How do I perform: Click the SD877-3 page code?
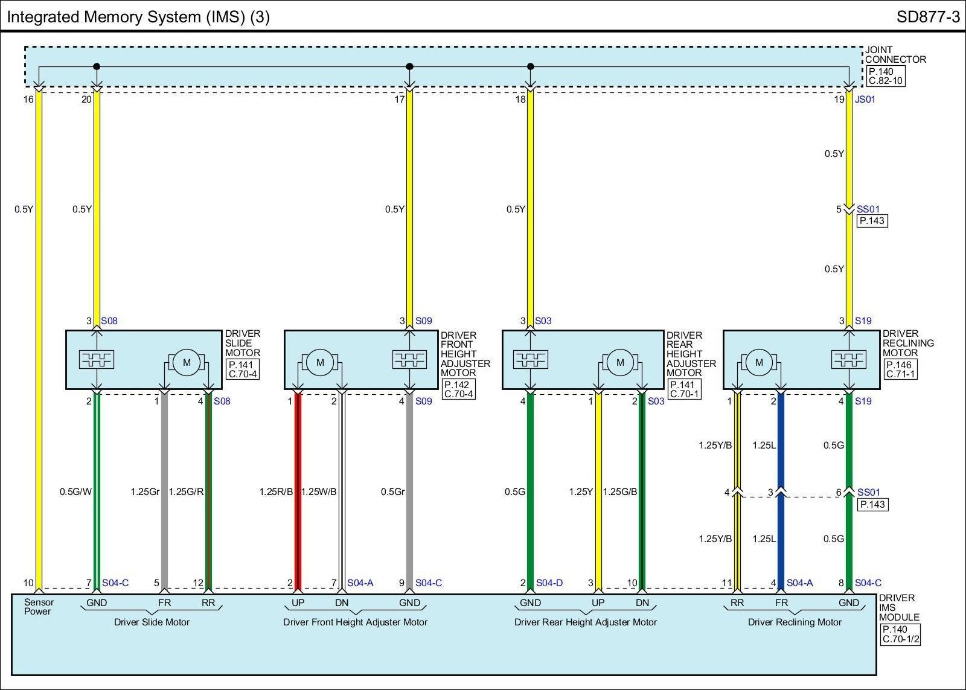pos(927,16)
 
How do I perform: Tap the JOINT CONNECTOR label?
pos(895,55)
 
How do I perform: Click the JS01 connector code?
pos(865,100)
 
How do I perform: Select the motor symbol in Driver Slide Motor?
pos(187,362)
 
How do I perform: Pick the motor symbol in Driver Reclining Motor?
pos(759,362)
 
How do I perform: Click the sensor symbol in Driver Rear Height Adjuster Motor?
pos(530,360)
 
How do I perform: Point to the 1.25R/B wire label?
pos(276,492)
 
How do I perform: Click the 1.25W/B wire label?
pos(319,492)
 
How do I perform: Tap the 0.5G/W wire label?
pos(75,492)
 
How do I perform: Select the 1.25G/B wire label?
pos(620,492)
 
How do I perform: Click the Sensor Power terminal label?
pos(39,607)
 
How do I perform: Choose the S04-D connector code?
pos(549,583)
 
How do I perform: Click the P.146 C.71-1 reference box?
pos(900,369)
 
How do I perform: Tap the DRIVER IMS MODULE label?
pos(899,608)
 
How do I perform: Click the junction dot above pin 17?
pos(409,66)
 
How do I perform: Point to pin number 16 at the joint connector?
pos(28,100)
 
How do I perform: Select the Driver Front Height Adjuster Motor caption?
pos(355,622)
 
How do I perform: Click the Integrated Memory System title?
pos(138,17)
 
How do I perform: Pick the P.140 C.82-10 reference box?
pos(886,76)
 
